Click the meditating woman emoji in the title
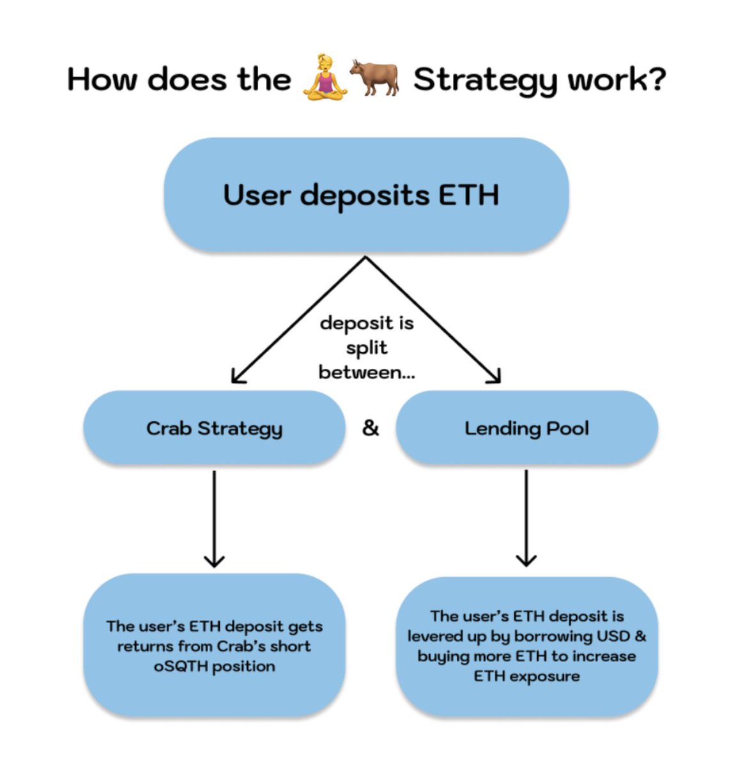pyautogui.click(x=326, y=79)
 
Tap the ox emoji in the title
pyautogui.click(x=374, y=78)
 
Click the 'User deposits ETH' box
pyautogui.click(x=365, y=194)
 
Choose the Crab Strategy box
pyautogui.click(x=214, y=428)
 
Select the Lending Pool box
pyautogui.click(x=526, y=428)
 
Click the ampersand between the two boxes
pyautogui.click(x=371, y=428)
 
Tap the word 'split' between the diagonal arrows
pyautogui.click(x=367, y=348)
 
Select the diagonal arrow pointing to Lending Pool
pyautogui.click(x=434, y=320)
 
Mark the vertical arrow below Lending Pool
pyautogui.click(x=526, y=518)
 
